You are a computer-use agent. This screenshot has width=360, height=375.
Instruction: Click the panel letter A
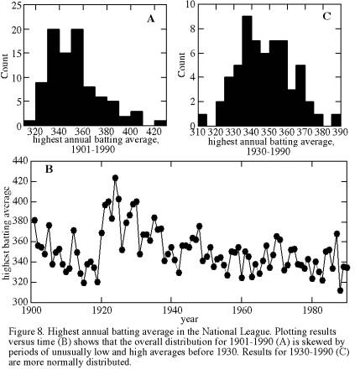[151, 18]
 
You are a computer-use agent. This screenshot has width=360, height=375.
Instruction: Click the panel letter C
[326, 16]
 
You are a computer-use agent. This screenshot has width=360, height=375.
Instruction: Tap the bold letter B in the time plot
[49, 169]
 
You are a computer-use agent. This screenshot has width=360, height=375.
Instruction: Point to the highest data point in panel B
[115, 178]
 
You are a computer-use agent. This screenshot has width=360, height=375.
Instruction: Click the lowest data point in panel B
[341, 290]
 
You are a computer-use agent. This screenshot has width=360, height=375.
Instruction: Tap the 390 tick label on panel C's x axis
[341, 132]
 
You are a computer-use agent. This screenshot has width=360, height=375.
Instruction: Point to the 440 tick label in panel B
[19, 161]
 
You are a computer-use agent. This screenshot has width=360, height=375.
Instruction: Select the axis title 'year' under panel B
[189, 319]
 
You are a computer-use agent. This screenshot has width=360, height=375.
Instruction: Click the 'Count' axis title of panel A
[5, 66]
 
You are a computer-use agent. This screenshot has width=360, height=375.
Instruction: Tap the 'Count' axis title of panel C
[181, 65]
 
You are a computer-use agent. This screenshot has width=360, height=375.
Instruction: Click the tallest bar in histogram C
[247, 71]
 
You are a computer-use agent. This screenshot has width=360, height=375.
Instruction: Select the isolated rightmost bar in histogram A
[160, 123]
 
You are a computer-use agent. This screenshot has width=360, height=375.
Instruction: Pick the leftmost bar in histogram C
[202, 120]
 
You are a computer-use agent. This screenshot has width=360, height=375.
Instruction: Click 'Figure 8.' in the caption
[27, 332]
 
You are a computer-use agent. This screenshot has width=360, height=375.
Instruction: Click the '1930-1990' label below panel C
[269, 151]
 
